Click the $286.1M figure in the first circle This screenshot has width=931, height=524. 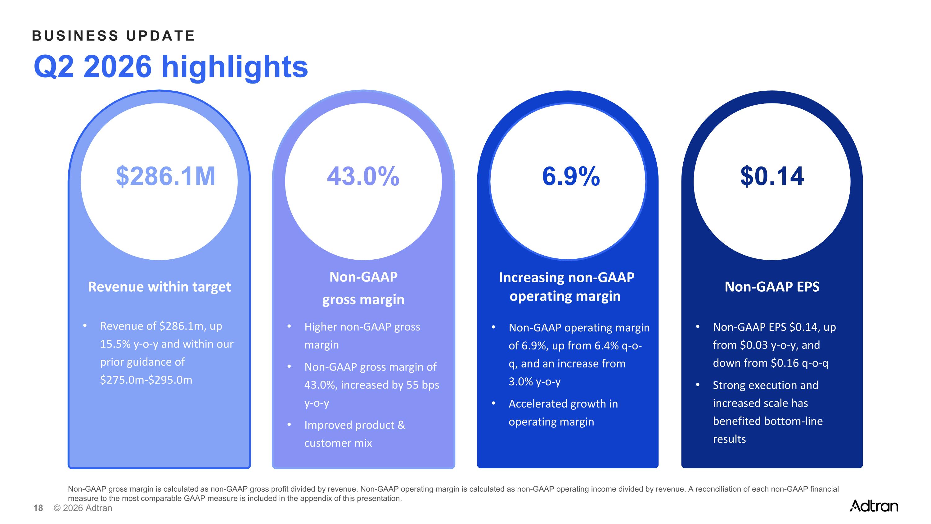pos(165,176)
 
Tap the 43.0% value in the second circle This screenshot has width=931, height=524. pos(363,176)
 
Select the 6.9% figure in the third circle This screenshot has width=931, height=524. pos(571,176)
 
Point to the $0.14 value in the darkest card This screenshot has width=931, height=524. pos(772,176)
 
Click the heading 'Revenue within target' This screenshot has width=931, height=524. pos(160,287)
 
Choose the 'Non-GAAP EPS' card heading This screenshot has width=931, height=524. pos(772,287)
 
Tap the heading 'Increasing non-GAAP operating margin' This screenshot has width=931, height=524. pos(566,287)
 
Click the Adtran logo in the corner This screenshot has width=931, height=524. pos(874,506)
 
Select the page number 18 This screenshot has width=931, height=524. pos(38,508)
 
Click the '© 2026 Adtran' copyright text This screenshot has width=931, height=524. pos(83,508)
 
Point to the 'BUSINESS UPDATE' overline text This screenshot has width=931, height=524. pos(114,36)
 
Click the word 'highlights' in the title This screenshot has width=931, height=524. pos(235,67)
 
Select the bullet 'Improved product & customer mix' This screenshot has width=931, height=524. pos(354,434)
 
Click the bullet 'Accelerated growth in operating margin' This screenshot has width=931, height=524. pos(563,412)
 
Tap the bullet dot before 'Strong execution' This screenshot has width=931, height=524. pos(698,385)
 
